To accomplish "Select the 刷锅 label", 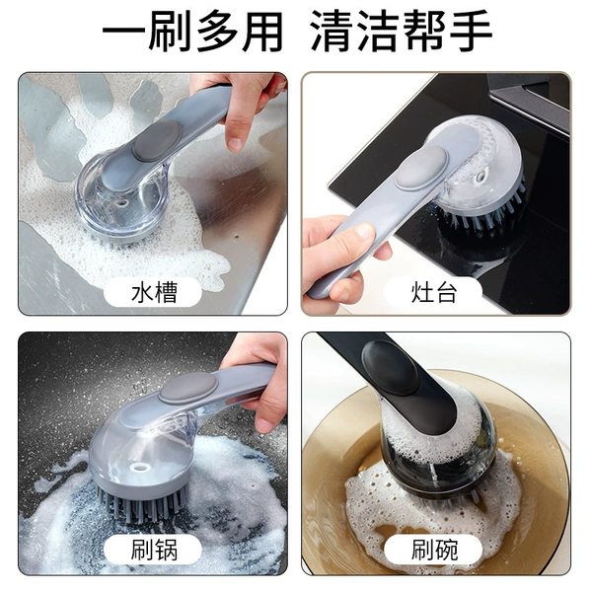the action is [154, 551].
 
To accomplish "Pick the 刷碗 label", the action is [434, 551].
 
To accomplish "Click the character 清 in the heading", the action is [333, 31].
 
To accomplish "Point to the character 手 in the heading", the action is [472, 31].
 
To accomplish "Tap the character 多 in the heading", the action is [218, 31].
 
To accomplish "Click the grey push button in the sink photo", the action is [157, 140].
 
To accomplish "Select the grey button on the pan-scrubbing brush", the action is [187, 388].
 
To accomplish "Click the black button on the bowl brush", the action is [390, 367].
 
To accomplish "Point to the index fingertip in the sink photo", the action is [236, 143].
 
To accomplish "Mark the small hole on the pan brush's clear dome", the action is [140, 468].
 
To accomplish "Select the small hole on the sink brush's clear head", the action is [122, 203].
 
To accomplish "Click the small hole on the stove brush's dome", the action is [481, 177].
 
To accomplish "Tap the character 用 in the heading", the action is [263, 31].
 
